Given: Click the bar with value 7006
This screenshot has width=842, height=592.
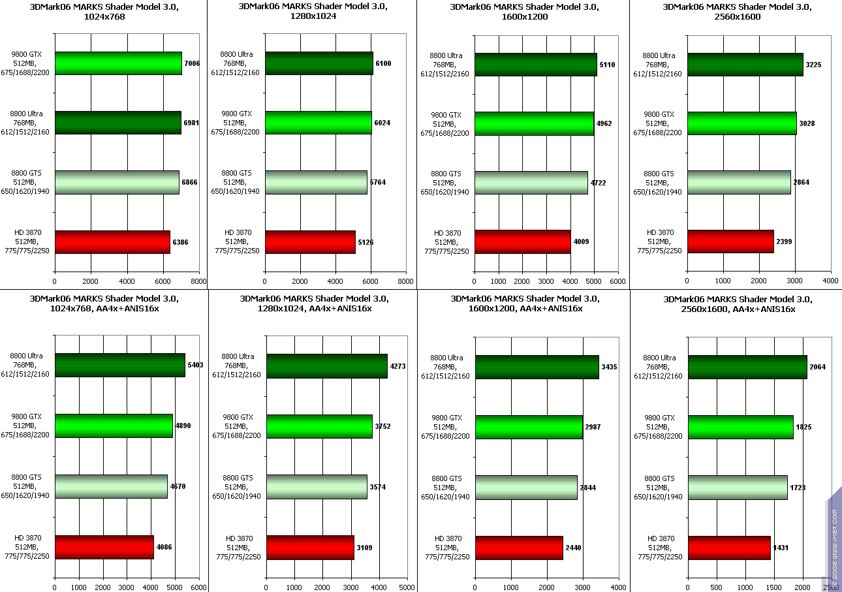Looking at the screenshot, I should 118,63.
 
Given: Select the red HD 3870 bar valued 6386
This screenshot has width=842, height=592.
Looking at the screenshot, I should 112,241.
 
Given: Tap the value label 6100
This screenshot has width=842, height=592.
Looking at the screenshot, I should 383,63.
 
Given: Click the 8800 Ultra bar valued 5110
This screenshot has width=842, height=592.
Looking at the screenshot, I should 535,64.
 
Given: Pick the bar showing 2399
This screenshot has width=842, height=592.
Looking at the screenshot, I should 730,241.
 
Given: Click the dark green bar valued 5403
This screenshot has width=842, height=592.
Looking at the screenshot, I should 120,366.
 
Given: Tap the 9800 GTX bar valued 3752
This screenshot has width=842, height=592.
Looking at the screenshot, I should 319,426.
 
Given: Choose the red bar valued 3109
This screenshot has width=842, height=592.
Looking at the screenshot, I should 310,547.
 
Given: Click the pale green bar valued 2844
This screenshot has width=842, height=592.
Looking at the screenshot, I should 526,488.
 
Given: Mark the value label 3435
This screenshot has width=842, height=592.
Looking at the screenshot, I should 608,367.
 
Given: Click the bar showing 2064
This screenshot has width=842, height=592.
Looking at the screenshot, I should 747,367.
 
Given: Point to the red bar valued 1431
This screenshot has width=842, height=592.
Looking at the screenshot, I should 729,548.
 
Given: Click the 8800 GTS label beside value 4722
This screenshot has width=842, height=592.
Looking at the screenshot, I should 446,183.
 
